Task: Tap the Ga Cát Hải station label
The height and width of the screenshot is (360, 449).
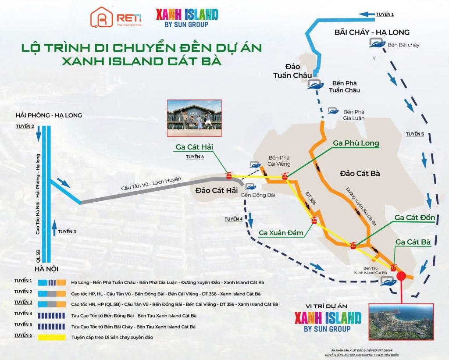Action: [194, 147]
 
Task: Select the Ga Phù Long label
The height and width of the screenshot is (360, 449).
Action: [356, 143]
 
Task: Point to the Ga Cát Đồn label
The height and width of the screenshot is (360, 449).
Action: [414, 217]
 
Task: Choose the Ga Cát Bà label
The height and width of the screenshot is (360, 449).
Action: [412, 242]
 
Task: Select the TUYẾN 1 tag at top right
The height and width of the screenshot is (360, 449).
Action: [385, 14]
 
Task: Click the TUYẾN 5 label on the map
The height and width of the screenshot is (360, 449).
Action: [414, 134]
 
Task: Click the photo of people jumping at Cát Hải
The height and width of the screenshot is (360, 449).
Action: [194, 118]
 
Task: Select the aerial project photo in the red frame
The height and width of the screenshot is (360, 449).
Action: [401, 321]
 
